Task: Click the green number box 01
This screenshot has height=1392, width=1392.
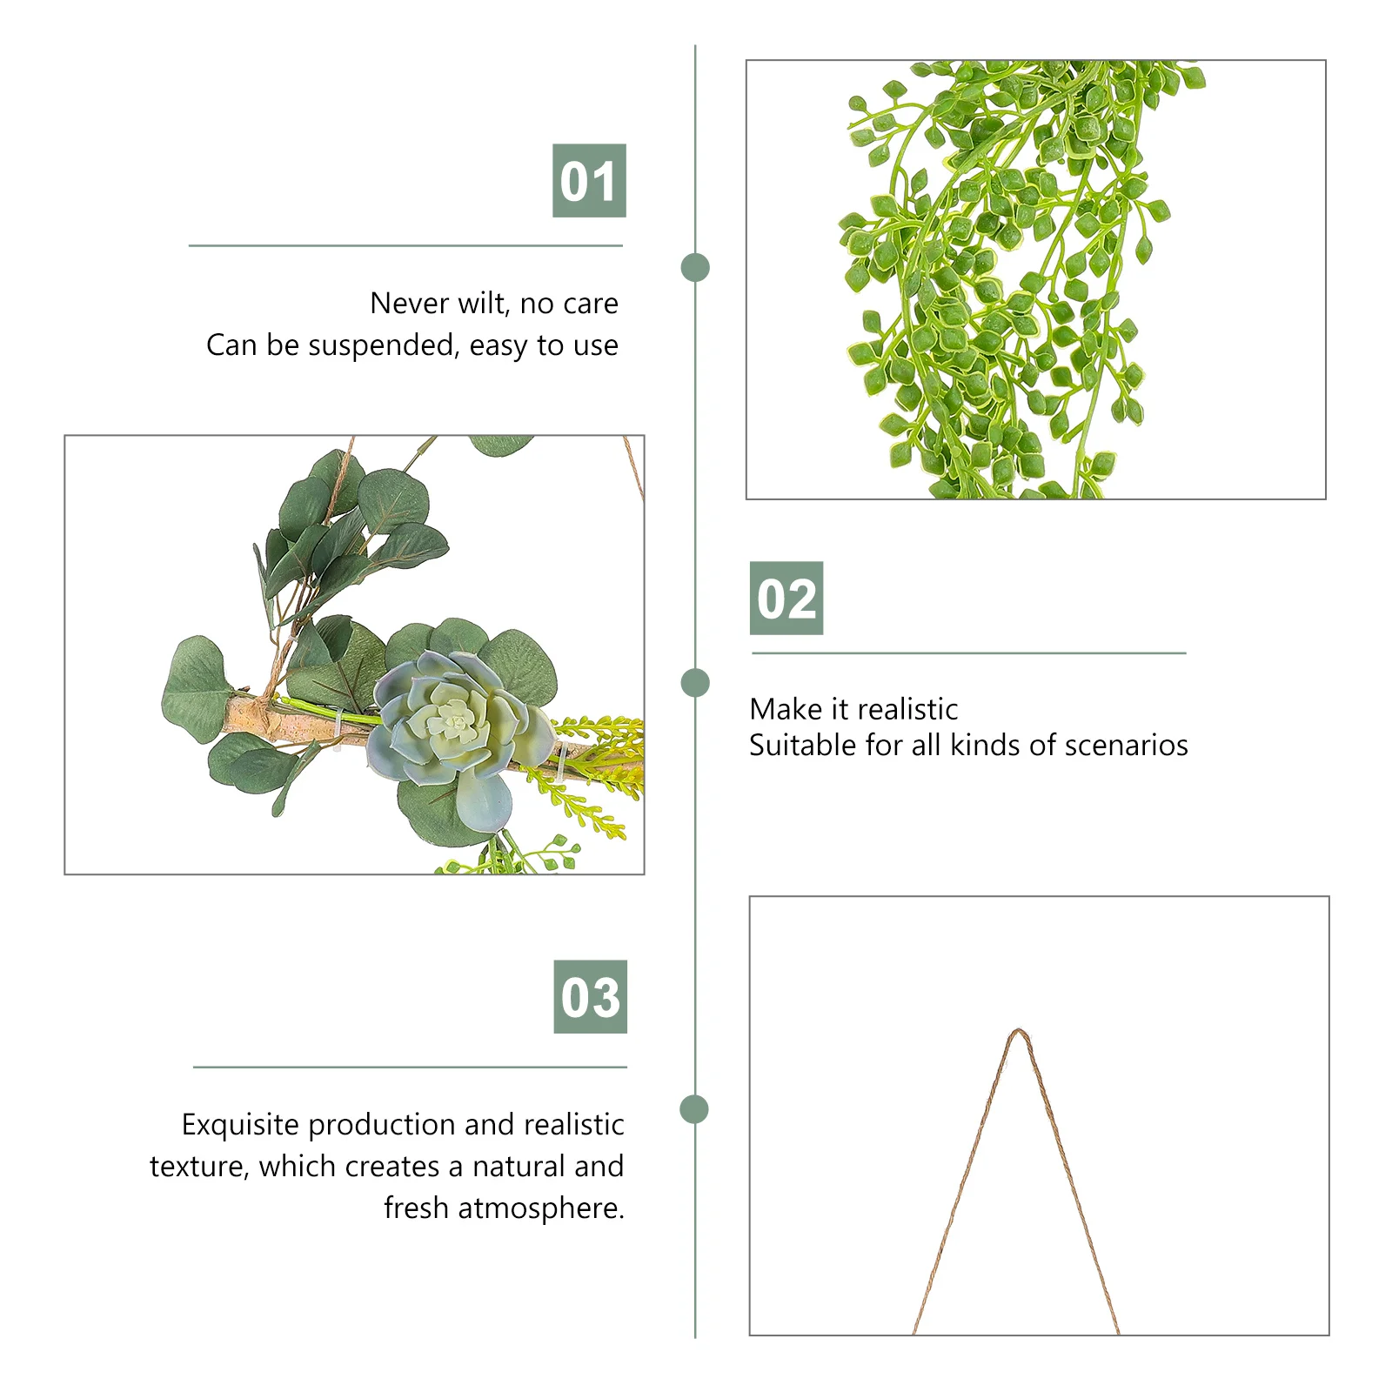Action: [589, 181]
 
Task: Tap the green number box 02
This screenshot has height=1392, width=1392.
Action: [786, 599]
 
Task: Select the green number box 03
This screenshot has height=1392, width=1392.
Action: [590, 997]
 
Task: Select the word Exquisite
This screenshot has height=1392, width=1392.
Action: [240, 1125]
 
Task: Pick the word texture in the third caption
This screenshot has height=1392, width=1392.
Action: [198, 1167]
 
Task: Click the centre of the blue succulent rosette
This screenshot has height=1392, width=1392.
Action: [452, 720]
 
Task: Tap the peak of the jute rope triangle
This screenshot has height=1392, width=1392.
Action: [1018, 1033]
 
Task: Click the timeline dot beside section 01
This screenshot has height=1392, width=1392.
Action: [695, 267]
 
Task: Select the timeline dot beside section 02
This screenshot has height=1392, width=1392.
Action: [695, 683]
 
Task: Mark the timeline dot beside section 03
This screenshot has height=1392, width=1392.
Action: [694, 1109]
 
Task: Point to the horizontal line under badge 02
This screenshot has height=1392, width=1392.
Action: [968, 652]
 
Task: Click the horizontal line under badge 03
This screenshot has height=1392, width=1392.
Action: [410, 1067]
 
